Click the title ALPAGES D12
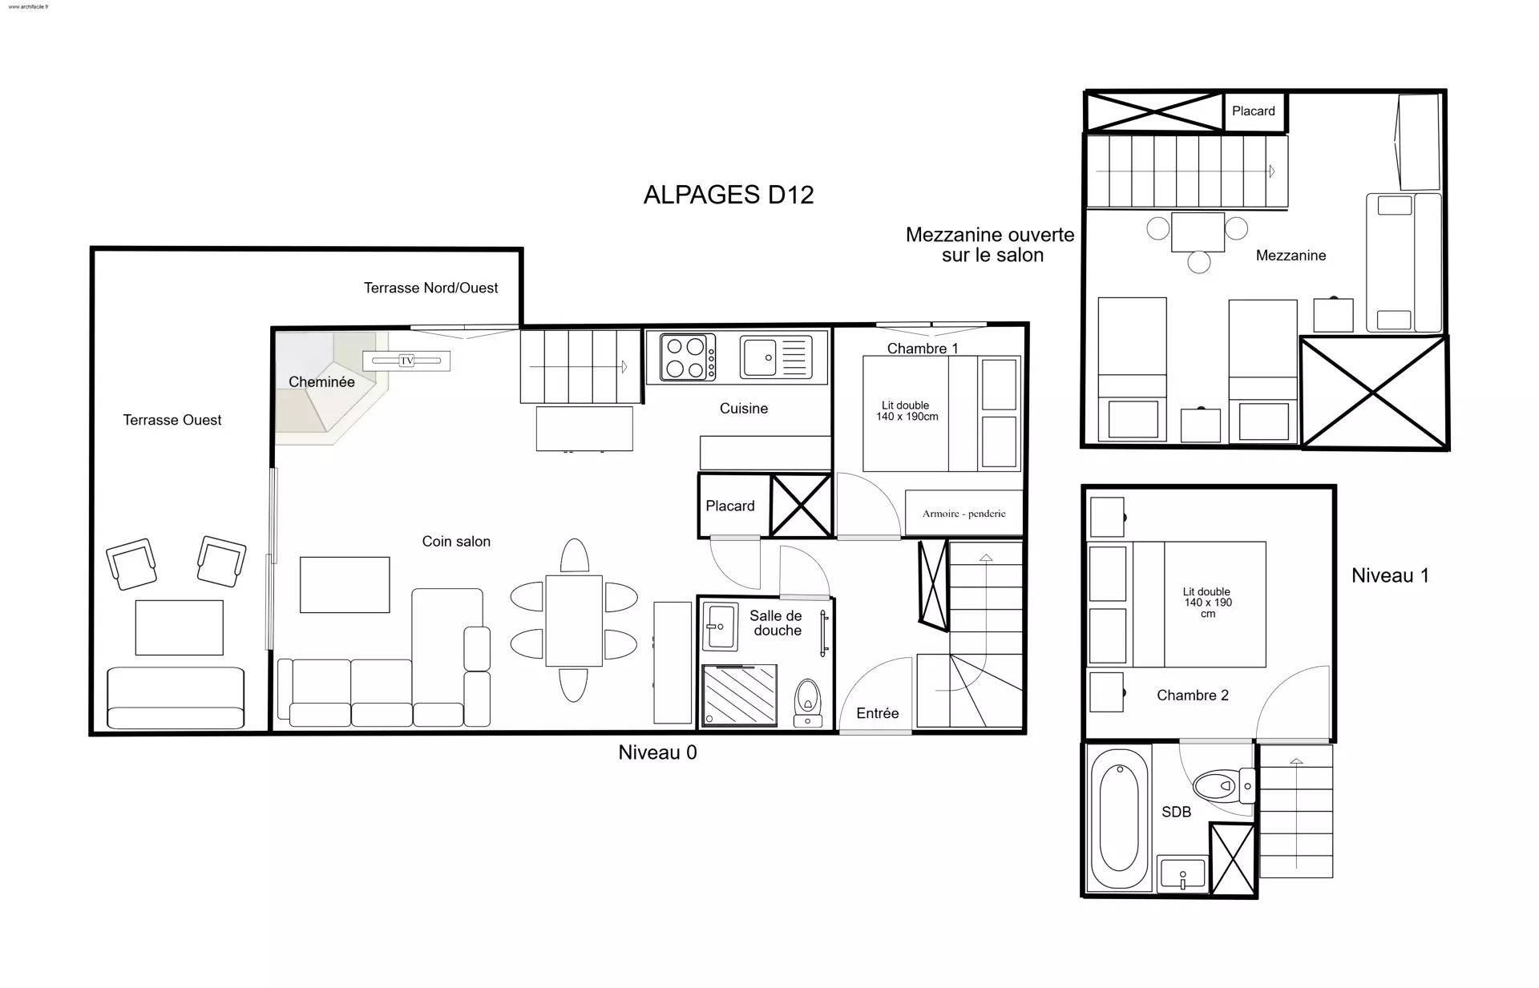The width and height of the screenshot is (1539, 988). point(729,195)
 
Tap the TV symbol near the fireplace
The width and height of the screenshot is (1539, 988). point(406,361)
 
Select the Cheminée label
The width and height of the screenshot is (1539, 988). point(321,382)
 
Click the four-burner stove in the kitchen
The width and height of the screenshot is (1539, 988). point(688,357)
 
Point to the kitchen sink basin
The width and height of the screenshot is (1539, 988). point(759,357)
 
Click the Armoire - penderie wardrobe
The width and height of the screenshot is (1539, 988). point(963,513)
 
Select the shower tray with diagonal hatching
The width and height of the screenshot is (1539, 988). point(740,695)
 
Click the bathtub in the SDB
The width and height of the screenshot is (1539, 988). point(1118,817)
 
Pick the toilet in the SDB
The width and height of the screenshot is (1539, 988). point(1223,786)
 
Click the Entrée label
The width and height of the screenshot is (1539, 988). point(878,713)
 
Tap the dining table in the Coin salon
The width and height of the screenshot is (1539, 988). point(574,620)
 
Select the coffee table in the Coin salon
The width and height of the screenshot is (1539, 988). point(345,585)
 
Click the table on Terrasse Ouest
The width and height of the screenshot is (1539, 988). point(179,627)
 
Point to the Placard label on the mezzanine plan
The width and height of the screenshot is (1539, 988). point(1254,111)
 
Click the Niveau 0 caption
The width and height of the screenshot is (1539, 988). point(657,752)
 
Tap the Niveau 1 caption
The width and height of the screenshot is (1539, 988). point(1390,575)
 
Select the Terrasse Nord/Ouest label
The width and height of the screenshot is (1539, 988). point(431,288)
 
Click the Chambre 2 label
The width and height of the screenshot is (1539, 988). point(1193,696)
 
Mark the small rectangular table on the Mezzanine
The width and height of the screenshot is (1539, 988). point(1198,232)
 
